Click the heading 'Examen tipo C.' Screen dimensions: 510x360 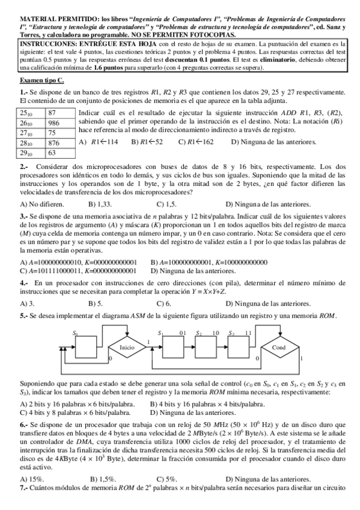41,81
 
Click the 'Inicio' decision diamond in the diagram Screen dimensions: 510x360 109,348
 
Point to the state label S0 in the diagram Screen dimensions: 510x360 76,333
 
